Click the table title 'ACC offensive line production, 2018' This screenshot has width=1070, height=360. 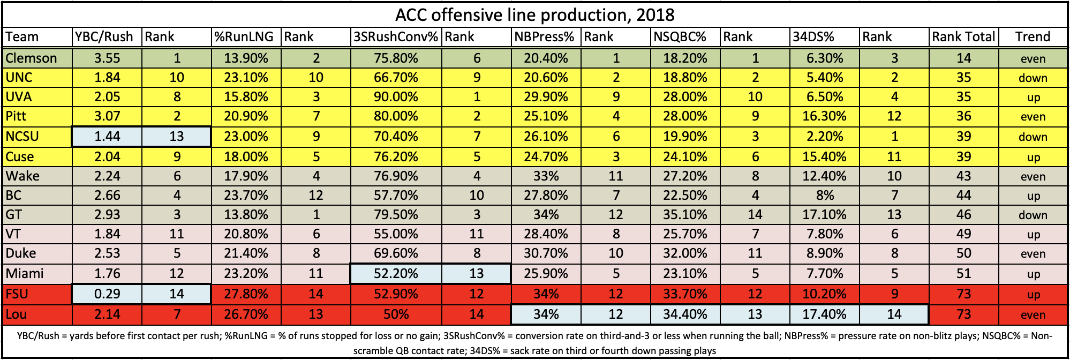tap(534, 14)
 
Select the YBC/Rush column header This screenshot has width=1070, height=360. tap(104, 37)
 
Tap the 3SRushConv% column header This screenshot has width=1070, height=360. tap(395, 37)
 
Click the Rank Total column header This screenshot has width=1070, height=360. tap(963, 37)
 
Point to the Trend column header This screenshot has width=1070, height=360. tap(1033, 37)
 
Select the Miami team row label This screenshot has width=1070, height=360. tap(25, 274)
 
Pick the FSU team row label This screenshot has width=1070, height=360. tap(17, 294)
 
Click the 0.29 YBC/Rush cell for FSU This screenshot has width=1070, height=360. tap(107, 294)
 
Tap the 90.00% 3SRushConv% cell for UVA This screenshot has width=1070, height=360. tap(396, 97)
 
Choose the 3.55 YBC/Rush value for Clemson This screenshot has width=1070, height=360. tap(107, 58)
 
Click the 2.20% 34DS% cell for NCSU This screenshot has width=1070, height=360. tap(825, 137)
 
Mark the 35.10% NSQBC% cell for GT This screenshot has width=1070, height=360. tap(685, 215)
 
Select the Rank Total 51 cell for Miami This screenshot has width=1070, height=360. tap(963, 274)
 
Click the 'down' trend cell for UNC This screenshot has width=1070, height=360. tap(1033, 78)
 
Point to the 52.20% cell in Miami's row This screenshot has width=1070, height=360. tap(396, 274)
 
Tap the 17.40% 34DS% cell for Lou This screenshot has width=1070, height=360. tap(825, 314)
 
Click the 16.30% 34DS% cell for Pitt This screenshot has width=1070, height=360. tap(825, 116)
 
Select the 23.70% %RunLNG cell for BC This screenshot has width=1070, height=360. tap(246, 196)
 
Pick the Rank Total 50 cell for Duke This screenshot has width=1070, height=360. tap(963, 253)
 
